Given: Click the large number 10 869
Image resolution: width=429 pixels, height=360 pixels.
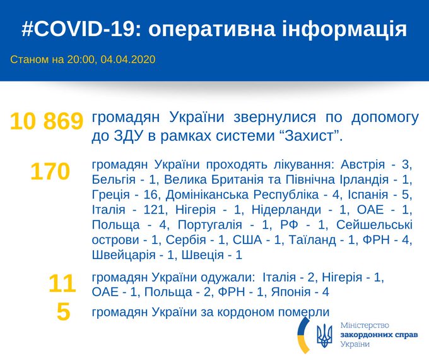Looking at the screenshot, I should tap(47, 121).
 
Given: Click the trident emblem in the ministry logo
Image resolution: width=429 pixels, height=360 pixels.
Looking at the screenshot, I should tap(324, 333).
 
